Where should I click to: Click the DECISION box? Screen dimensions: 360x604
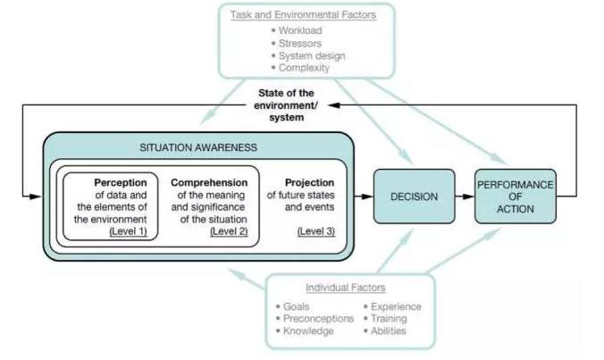pos(414,195)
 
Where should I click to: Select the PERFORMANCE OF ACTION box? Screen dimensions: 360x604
pos(516,195)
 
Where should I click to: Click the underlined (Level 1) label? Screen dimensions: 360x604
pos(128,231)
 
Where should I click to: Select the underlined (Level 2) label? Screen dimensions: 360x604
pos(228,231)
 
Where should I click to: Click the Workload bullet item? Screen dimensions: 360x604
pos(298,29)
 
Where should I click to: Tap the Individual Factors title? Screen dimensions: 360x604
pos(346,287)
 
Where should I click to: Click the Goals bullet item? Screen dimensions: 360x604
pos(298,306)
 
